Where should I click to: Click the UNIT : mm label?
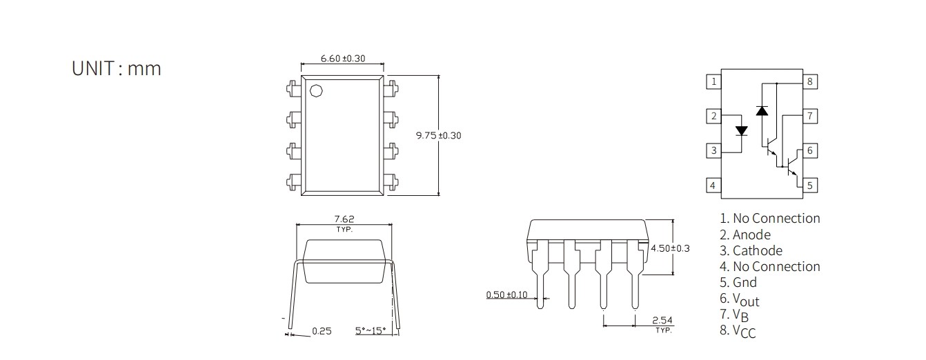pyautogui.click(x=116, y=68)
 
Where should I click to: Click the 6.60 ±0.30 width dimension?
pyautogui.click(x=343, y=59)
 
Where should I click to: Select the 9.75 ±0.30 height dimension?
pyautogui.click(x=438, y=135)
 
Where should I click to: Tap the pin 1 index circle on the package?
pyautogui.click(x=316, y=91)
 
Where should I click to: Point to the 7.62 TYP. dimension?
pyautogui.click(x=344, y=223)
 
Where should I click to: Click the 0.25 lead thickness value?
pyautogui.click(x=322, y=331)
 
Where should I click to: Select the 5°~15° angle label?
pyautogui.click(x=371, y=330)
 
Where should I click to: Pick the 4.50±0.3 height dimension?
pyautogui.click(x=670, y=248)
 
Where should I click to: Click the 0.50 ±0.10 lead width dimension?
pyautogui.click(x=507, y=294)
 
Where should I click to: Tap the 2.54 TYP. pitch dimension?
pyautogui.click(x=662, y=324)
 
